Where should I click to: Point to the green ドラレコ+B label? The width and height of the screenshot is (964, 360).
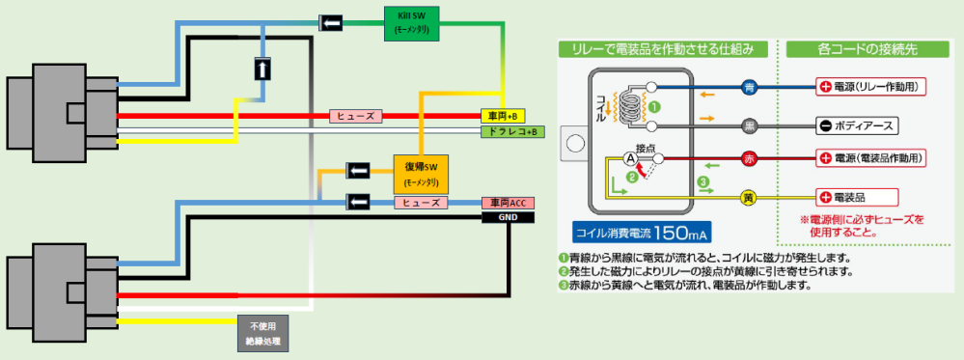[509, 131]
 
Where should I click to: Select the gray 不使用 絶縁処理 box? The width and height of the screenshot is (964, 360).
[262, 332]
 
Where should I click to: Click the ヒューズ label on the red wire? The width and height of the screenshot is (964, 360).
[356, 116]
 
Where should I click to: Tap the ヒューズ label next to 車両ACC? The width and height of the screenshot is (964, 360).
[421, 203]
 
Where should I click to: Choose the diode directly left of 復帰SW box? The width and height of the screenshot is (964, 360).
[358, 172]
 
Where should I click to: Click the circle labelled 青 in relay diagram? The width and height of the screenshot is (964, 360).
[750, 87]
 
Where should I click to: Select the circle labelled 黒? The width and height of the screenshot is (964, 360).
[750, 126]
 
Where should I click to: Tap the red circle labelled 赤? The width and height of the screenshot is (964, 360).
[750, 158]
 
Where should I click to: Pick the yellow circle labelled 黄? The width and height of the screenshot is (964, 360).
[750, 198]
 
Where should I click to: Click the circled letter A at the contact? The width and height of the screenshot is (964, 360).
[629, 158]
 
